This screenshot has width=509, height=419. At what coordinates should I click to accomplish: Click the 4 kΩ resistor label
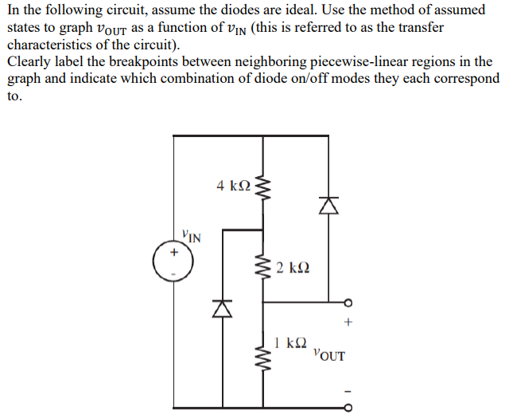233,186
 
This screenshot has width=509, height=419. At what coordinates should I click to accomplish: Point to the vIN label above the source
191,236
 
